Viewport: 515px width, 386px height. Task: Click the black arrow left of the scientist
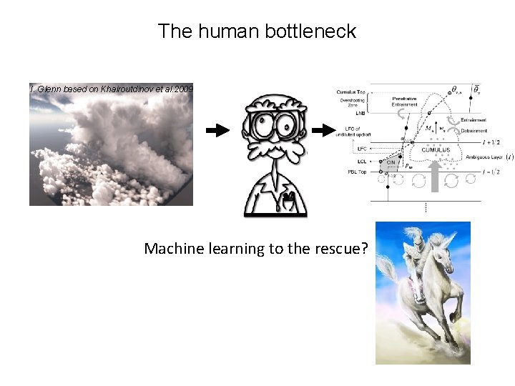coord(217,130)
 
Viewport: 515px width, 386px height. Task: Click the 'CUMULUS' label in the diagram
coord(436,150)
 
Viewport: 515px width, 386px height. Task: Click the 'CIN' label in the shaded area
coord(391,162)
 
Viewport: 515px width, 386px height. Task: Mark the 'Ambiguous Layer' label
coord(483,157)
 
